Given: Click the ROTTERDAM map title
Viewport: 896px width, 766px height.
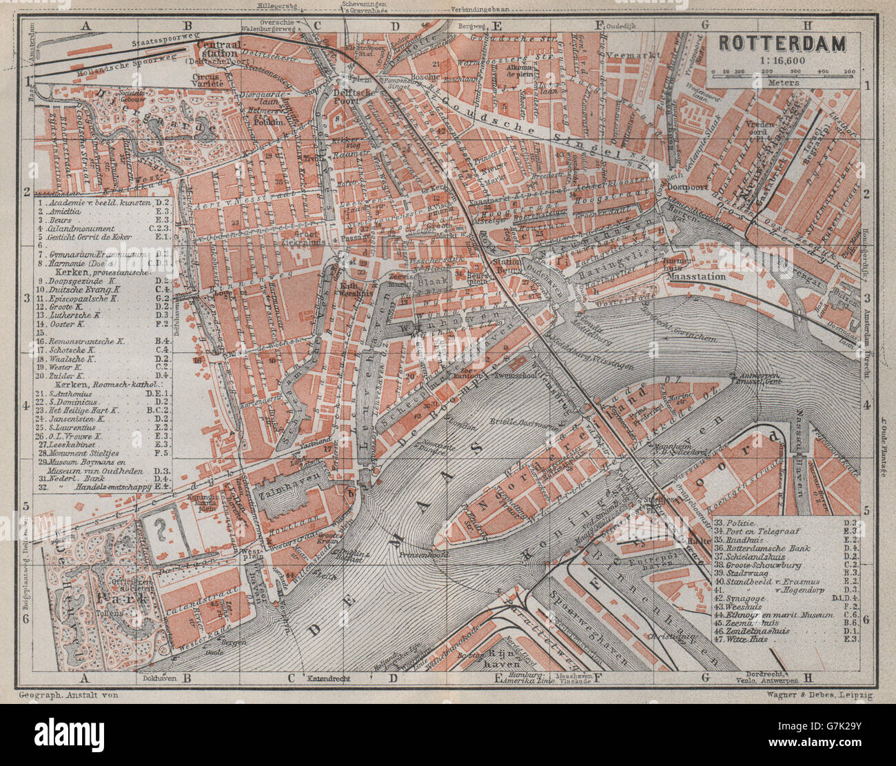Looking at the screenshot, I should click(782, 43).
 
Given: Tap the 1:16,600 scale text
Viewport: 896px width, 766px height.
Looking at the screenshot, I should click(783, 59).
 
